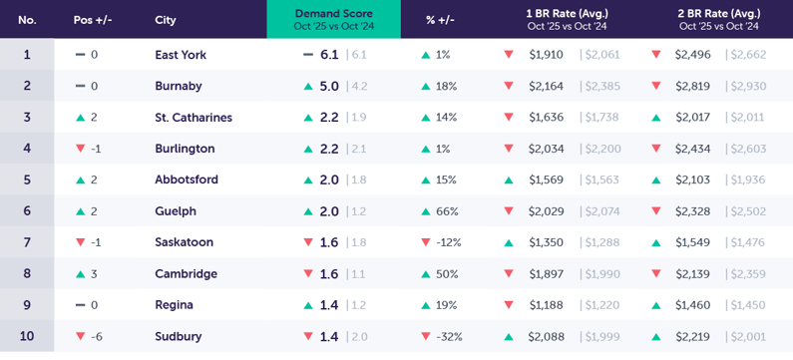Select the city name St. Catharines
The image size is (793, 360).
[194, 118]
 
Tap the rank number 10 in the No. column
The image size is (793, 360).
[27, 336]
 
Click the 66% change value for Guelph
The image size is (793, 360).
[446, 211]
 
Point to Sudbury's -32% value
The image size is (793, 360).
[450, 337]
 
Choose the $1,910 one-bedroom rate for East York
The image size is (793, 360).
[546, 55]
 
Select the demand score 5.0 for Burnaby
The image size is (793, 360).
[329, 87]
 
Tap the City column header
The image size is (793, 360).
[166, 20]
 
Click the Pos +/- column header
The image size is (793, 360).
[92, 20]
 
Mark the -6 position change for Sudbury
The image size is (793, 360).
[97, 337]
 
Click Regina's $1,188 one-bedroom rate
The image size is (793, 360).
[546, 305]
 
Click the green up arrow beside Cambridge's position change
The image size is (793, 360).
[81, 274]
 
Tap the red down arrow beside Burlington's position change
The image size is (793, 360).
[81, 149]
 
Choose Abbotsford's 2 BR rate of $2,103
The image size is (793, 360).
[692, 180]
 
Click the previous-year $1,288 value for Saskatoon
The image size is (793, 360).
[599, 242]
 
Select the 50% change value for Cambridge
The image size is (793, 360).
[446, 274]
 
